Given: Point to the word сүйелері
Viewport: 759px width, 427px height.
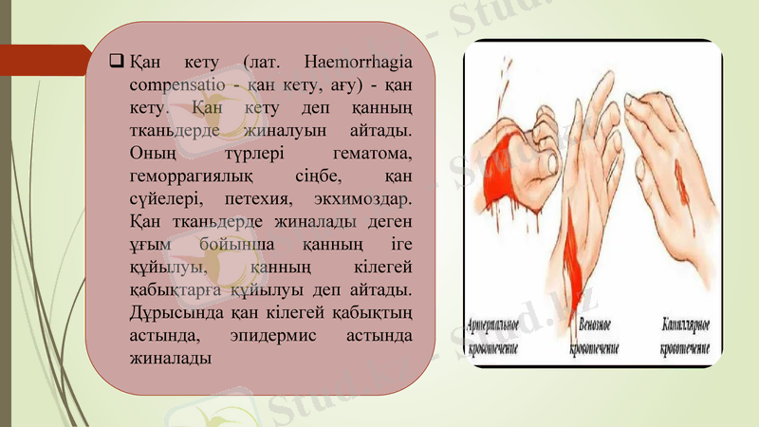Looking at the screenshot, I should point(164,199).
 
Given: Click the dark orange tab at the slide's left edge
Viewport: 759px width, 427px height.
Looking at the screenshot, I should point(43,63).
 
